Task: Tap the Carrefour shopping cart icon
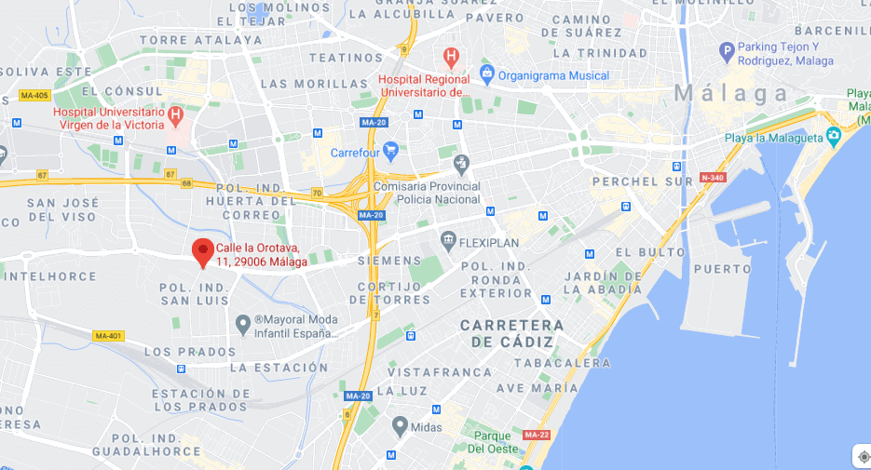(x=390, y=149)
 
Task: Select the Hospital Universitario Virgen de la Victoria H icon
(x=175, y=116)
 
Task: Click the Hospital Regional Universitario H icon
(x=452, y=57)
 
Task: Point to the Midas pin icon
(x=400, y=426)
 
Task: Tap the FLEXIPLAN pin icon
(x=448, y=242)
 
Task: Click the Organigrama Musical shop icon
(x=485, y=74)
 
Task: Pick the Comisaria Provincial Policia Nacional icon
(x=460, y=164)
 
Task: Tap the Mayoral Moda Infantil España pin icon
(x=243, y=324)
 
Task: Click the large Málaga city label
(x=730, y=93)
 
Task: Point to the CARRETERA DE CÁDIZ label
(x=512, y=333)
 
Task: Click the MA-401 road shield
(x=109, y=336)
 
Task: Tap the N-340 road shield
(x=713, y=178)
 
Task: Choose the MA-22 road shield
(x=536, y=435)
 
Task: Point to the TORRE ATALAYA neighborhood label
(x=201, y=40)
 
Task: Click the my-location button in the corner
(x=863, y=456)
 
